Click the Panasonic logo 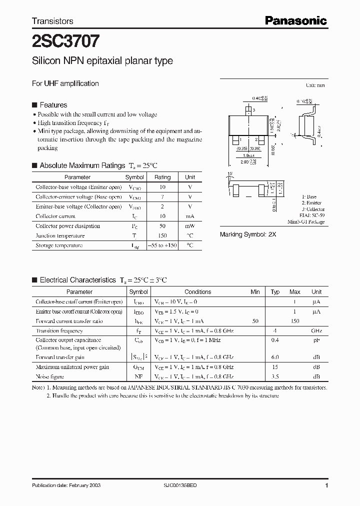[x=295, y=20]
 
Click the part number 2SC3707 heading [x=65, y=40]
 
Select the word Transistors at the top [x=52, y=21]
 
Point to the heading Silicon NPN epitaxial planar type [x=102, y=61]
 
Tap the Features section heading [x=53, y=105]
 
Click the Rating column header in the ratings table [x=162, y=177]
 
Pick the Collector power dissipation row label [x=68, y=226]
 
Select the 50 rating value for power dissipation [x=162, y=226]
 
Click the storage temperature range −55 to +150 [x=162, y=245]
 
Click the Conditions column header [x=198, y=292]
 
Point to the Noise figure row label [x=49, y=376]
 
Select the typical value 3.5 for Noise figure [x=275, y=376]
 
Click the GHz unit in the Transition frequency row [x=316, y=331]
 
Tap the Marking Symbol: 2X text [x=248, y=234]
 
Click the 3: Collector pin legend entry [x=313, y=209]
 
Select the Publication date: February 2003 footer [x=63, y=486]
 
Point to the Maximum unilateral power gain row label [x=72, y=367]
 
